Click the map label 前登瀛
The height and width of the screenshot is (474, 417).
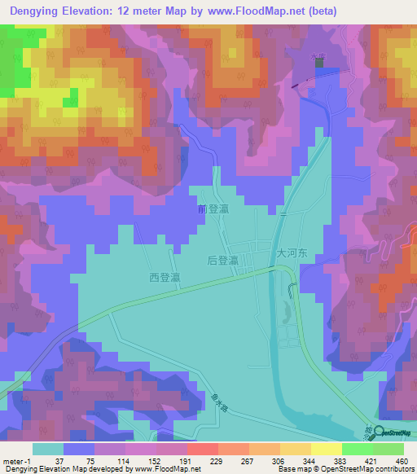[213, 209]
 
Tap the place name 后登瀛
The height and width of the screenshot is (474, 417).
[222, 261]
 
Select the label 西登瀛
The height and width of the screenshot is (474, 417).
[165, 278]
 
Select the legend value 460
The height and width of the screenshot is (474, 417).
[401, 460]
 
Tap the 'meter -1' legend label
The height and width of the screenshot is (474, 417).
[17, 460]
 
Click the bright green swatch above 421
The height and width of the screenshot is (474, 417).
[357, 449]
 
